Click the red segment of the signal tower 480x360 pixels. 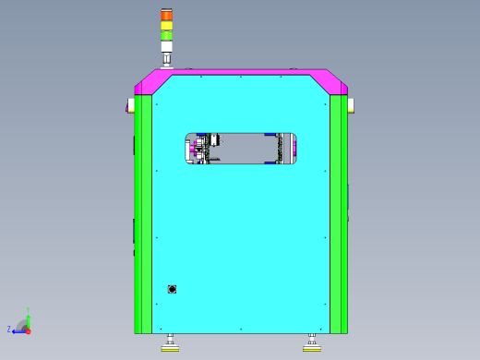[166, 15]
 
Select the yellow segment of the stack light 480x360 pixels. [166, 25]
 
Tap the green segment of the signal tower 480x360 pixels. [166, 35]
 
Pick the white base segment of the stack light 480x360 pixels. [166, 46]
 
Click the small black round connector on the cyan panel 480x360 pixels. [172, 290]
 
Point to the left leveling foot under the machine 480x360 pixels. [170, 346]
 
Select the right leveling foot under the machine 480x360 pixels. [311, 346]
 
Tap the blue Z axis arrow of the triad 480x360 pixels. [18, 330]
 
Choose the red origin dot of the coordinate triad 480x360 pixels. [28, 330]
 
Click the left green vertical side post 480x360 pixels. [143, 212]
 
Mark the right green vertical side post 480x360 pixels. [339, 212]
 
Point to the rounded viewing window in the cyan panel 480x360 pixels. [241, 149]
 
